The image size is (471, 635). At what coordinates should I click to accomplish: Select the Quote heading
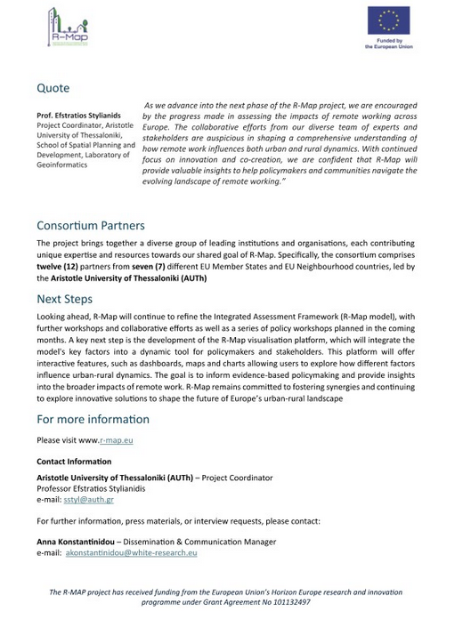(53, 89)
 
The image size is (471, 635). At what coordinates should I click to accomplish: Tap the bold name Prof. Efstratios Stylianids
(78, 116)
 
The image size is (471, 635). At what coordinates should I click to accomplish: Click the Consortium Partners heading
(90, 226)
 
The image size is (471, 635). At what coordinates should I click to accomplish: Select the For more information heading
(93, 420)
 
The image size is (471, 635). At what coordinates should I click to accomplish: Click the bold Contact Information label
(74, 462)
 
